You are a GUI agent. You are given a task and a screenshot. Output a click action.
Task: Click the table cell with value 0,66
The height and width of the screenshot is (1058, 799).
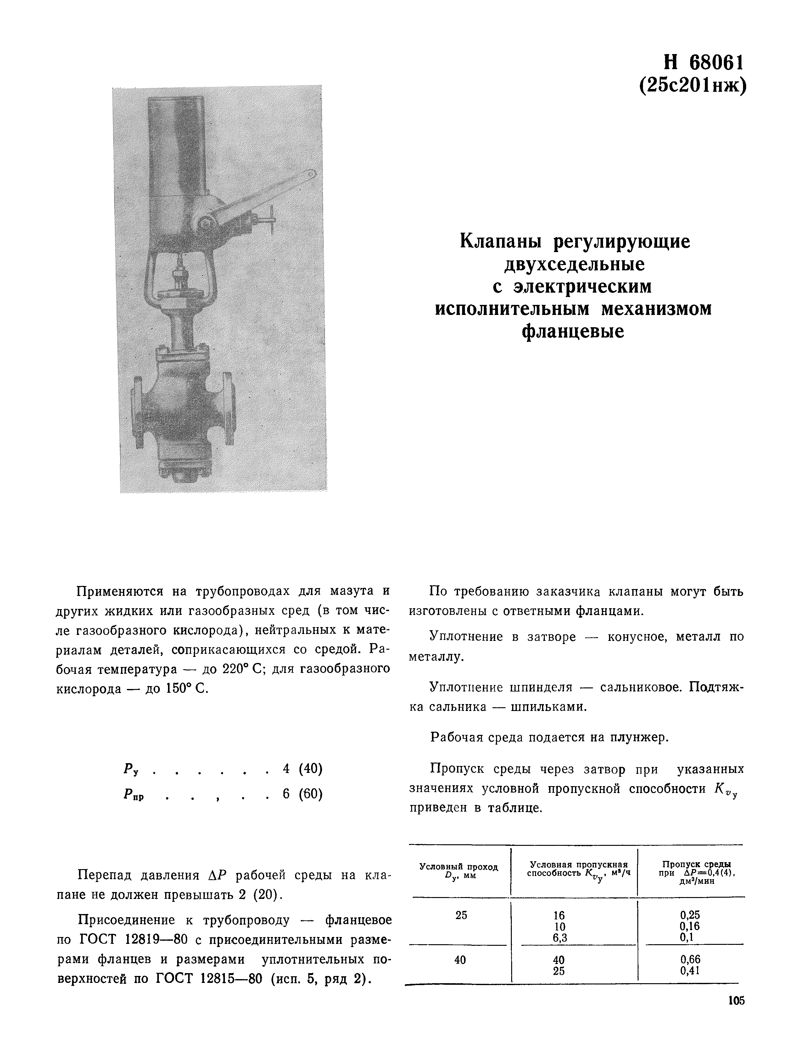pyautogui.click(x=690, y=960)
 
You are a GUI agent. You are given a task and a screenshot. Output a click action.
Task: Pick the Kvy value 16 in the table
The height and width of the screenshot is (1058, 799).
pyautogui.click(x=559, y=915)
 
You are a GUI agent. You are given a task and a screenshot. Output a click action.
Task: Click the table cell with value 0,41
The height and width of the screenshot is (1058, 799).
pyautogui.click(x=690, y=971)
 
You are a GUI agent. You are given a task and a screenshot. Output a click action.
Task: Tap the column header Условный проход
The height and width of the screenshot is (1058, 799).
pyautogui.click(x=459, y=867)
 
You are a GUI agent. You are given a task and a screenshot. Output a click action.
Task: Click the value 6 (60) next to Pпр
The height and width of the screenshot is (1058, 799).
pyautogui.click(x=303, y=794)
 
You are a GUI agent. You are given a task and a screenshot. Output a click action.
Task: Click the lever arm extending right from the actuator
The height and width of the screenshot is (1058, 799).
pyautogui.click(x=268, y=196)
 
